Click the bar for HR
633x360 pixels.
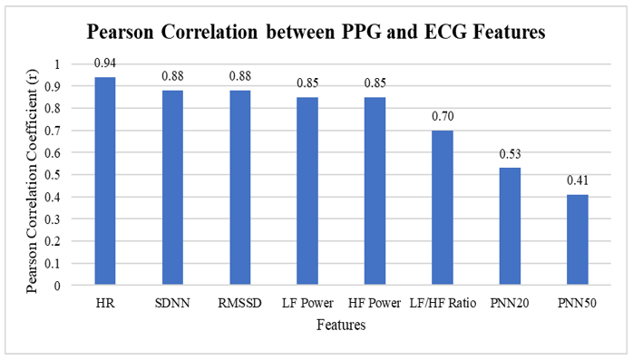click(105, 180)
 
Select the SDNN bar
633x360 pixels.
click(172, 188)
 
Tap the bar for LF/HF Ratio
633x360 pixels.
click(443, 208)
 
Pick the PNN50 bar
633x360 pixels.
click(578, 239)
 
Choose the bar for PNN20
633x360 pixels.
click(510, 227)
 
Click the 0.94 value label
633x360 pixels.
click(105, 63)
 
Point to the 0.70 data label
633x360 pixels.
click(443, 116)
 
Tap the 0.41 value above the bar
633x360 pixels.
click(578, 180)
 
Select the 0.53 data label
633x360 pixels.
click(511, 154)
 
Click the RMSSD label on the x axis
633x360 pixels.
click(239, 303)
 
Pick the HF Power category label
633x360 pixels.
click(375, 303)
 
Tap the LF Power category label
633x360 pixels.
click(307, 303)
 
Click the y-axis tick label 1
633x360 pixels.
click(56, 64)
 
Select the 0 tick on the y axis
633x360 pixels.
click(56, 286)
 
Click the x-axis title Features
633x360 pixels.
click(341, 325)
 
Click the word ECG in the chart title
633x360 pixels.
click(446, 32)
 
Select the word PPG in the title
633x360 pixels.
click(362, 32)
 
